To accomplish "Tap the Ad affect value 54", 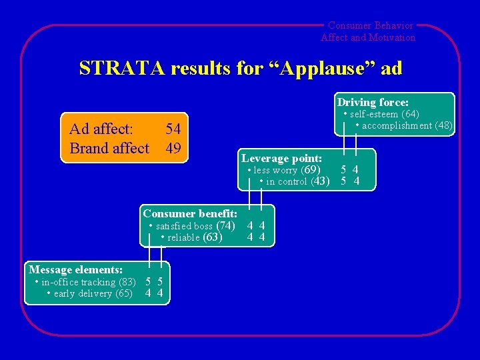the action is [173, 129].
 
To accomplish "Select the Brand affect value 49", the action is [173, 148].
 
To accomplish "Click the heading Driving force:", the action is [373, 102].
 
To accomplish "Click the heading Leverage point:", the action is [282, 158].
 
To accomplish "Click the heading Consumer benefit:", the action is [190, 213].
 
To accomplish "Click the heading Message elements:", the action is [75, 269].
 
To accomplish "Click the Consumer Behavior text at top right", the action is [371, 25].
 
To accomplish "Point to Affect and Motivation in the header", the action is [368, 37].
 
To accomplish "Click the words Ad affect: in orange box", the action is [101, 129].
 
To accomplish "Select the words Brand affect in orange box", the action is [109, 148].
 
